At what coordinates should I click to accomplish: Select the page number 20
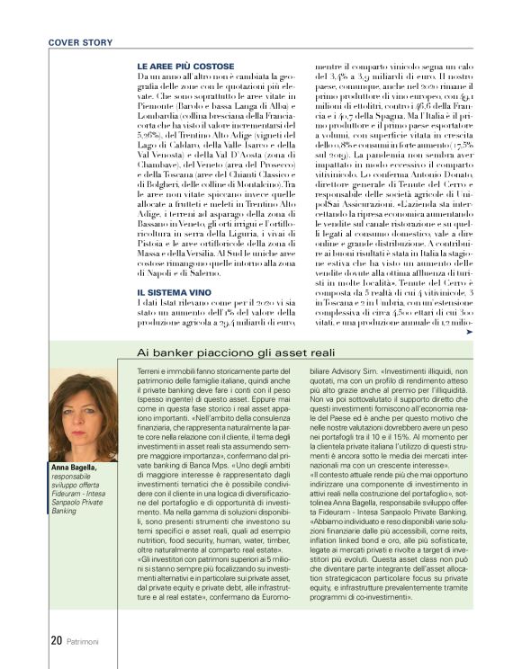[55, 640]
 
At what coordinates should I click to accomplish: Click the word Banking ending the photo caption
[66, 511]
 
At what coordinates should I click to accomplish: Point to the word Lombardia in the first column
[157, 118]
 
